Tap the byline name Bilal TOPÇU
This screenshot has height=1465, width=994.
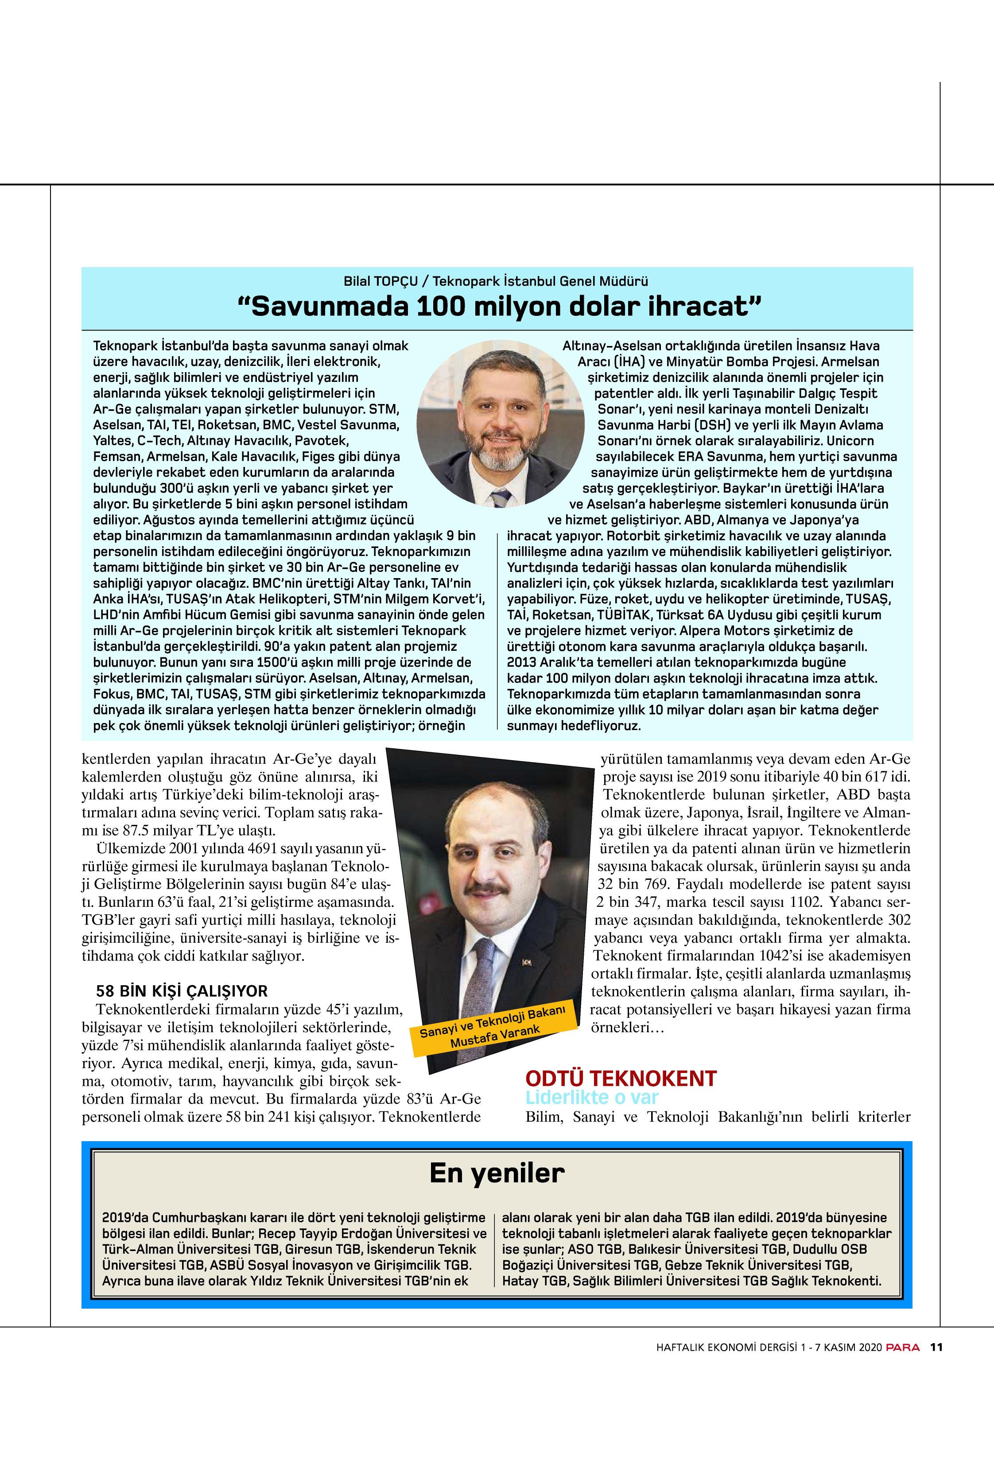[x=380, y=281]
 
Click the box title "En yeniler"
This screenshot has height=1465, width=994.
[x=497, y=1173]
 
